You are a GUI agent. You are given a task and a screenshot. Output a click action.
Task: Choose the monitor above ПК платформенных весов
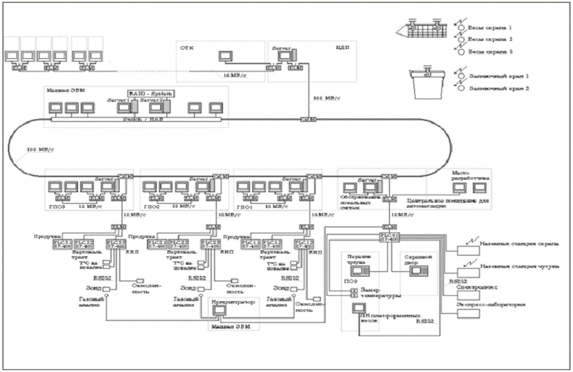tap(361, 308)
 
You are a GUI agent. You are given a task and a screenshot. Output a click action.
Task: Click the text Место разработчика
tap(469, 177)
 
